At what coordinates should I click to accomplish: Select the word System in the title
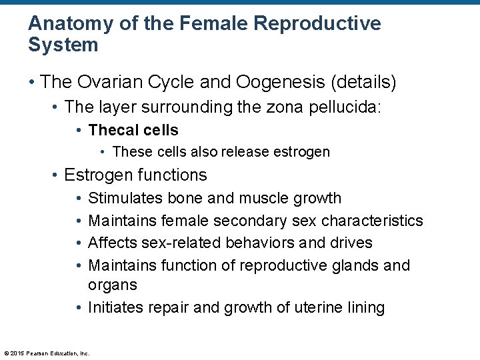pyautogui.click(x=63, y=45)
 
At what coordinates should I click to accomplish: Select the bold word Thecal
pyautogui.click(x=113, y=130)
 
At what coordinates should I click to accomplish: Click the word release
pyautogui.click(x=238, y=152)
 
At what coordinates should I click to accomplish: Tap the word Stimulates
pyautogui.click(x=125, y=198)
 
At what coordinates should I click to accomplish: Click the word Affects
pyautogui.click(x=111, y=243)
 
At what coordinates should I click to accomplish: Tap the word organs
pyautogui.click(x=113, y=285)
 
